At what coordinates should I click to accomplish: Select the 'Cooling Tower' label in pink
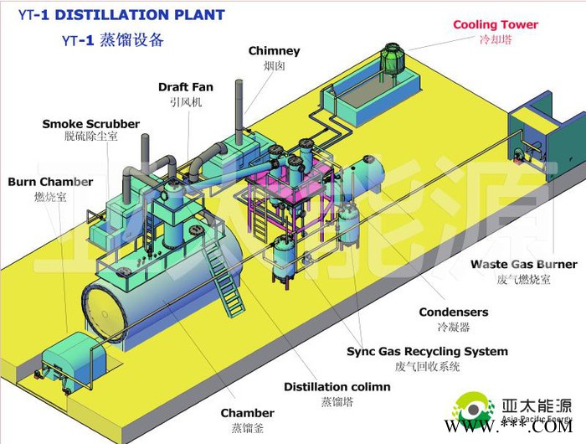[496, 25]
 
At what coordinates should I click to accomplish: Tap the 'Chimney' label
[274, 51]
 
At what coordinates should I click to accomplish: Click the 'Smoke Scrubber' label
[90, 124]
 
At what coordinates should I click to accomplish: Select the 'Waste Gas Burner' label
[523, 265]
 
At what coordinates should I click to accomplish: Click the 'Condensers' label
[453, 312]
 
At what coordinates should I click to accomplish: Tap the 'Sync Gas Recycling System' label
[427, 351]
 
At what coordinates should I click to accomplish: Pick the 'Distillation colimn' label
[337, 386]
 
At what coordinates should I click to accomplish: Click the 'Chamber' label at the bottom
[247, 412]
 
